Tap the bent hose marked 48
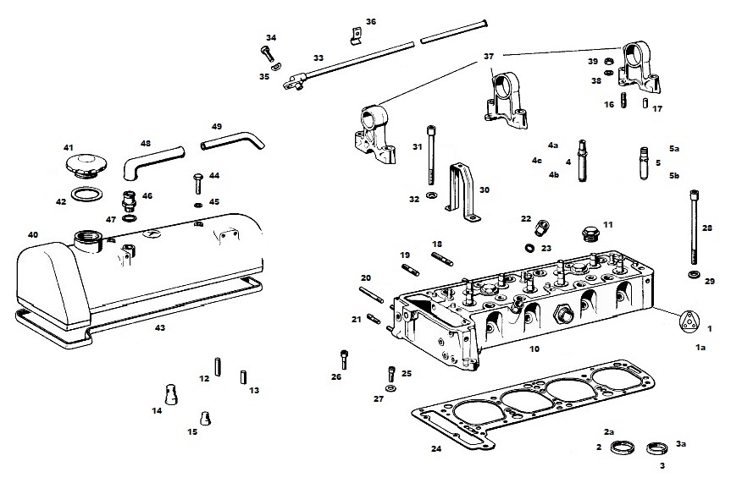pos(152,162)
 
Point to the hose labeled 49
pos(232,141)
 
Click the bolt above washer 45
pos(198,184)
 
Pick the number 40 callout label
pos(33,235)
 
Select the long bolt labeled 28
pos(695,227)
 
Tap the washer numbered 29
pos(694,274)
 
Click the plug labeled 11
pos(590,233)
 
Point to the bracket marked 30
pos(462,192)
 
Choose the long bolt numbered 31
pos(430,155)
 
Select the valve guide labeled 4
pos(582,160)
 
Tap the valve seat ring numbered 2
pos(623,447)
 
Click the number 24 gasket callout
pos(436,448)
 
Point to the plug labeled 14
pos(170,395)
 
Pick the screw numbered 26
pos(345,360)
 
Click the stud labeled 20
pos(372,294)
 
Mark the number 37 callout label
pos(489,57)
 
